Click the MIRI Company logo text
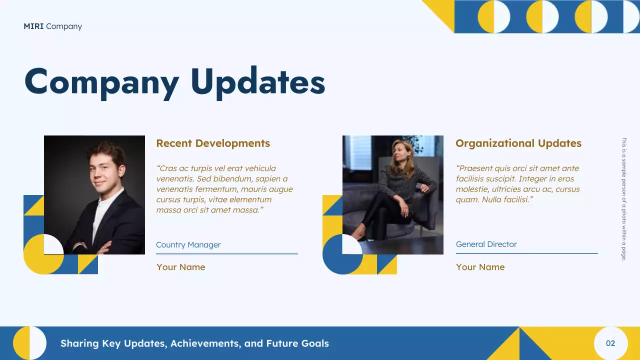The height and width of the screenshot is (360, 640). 52,26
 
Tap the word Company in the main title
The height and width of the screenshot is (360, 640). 101,81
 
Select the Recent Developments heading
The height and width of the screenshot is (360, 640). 213,143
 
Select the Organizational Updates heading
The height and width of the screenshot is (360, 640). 518,143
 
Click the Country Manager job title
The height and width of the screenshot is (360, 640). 188,245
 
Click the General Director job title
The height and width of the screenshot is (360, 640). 486,244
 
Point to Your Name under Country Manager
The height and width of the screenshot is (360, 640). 180,267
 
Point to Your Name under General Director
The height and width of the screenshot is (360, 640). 480,267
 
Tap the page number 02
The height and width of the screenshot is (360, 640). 610,343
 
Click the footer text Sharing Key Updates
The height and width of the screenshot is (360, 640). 194,343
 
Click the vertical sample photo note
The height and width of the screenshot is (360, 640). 623,199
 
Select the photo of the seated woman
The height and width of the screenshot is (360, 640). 393,195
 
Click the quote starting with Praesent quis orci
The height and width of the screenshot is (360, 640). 517,184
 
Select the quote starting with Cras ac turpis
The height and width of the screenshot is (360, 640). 224,189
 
